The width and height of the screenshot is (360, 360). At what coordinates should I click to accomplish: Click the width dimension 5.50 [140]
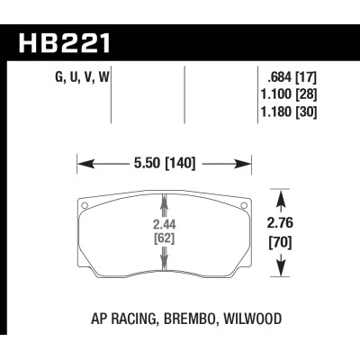pos(165,165)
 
